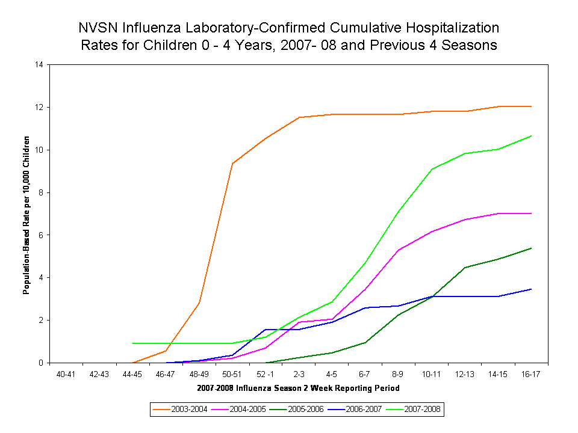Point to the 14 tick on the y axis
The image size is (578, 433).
point(41,64)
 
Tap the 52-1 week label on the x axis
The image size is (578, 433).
point(266,374)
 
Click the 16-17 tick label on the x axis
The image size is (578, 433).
point(531,374)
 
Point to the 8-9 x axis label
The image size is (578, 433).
point(399,374)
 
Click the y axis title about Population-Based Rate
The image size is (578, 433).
point(26,213)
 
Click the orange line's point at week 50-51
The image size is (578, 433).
point(232,163)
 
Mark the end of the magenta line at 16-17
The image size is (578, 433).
point(531,213)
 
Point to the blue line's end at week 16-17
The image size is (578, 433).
point(531,289)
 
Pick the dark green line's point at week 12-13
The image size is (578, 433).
point(465,268)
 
